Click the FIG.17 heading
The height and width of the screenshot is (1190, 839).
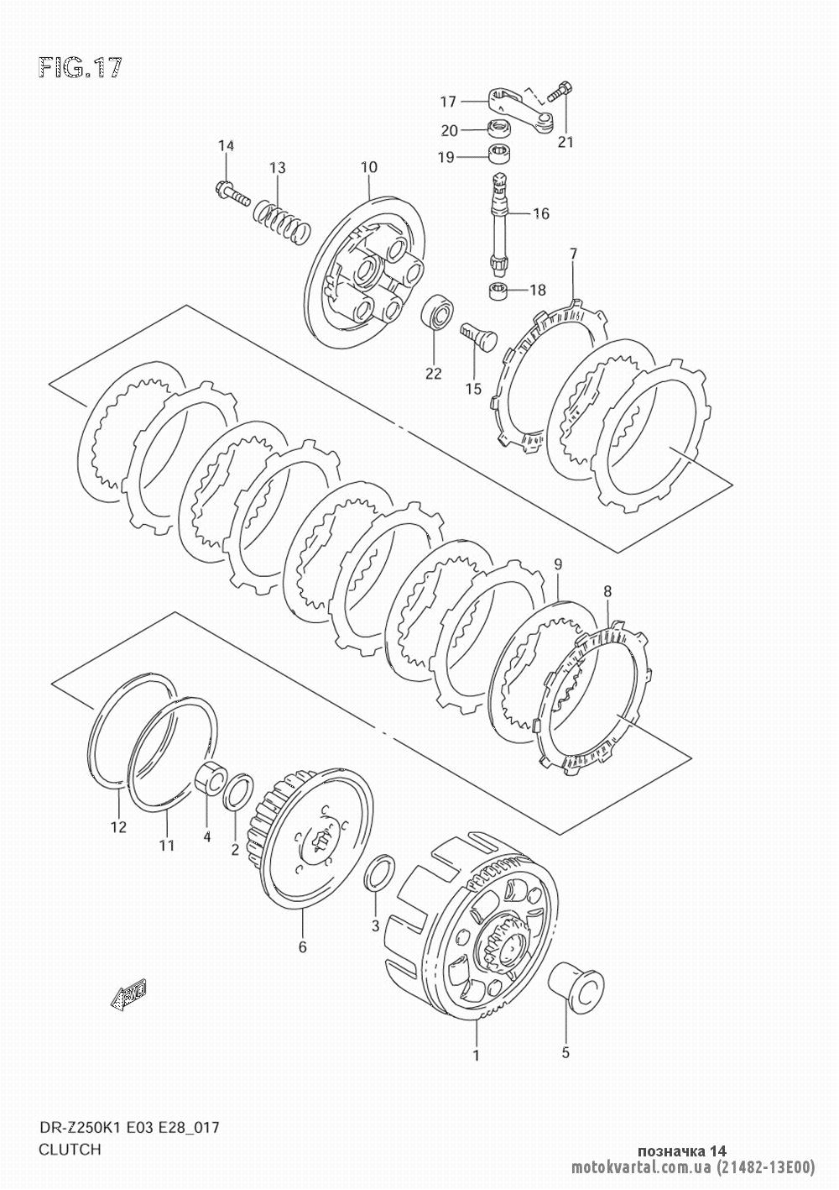(x=81, y=68)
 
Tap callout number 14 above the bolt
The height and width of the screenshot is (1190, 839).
(x=226, y=145)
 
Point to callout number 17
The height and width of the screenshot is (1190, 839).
(x=448, y=101)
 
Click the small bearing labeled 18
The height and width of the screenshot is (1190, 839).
(x=499, y=291)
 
